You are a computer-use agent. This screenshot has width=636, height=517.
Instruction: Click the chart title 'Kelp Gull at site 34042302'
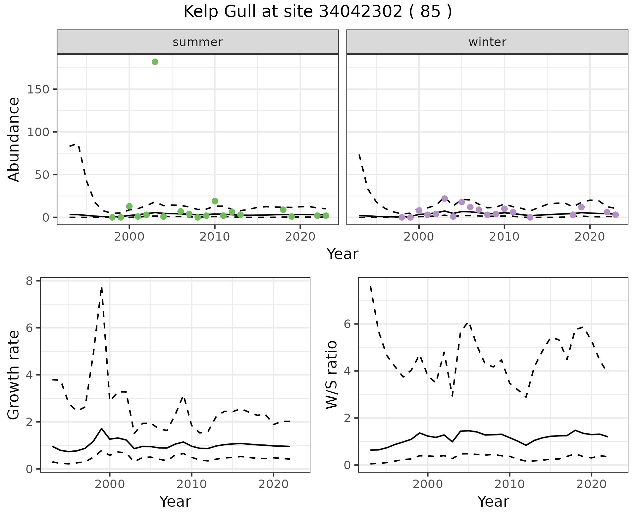[x=317, y=12]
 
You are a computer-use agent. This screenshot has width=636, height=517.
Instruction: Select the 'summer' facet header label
[x=198, y=42]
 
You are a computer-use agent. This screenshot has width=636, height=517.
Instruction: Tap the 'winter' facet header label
[x=487, y=42]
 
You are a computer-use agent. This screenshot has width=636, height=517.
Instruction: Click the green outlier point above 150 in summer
[x=155, y=62]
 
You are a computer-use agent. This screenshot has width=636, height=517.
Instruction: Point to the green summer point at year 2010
[x=215, y=201]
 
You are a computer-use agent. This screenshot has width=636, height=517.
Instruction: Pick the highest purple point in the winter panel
[x=445, y=199]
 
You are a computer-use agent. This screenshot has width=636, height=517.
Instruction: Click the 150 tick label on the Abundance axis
[x=38, y=89]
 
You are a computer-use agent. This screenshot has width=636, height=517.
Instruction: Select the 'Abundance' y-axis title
[x=14, y=140]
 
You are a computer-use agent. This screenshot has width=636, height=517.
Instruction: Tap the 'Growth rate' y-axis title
[x=14, y=375]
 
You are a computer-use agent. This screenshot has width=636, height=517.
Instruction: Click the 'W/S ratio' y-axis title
[x=332, y=375]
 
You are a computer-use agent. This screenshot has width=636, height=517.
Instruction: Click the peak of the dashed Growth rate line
[x=102, y=288]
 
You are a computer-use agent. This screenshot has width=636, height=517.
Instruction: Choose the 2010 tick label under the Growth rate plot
[x=191, y=485]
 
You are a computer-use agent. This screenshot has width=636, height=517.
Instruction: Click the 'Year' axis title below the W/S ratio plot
[x=493, y=502]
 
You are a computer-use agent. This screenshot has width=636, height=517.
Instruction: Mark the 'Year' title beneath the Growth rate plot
[x=175, y=502]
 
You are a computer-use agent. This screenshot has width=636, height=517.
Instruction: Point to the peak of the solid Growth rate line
[x=102, y=429]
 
